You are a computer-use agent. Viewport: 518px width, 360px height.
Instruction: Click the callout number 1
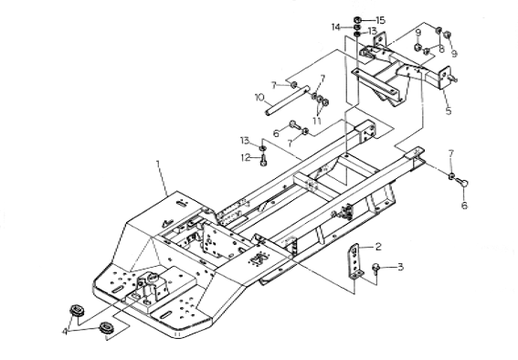point(158,164)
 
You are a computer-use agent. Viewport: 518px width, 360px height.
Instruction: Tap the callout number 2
point(378,247)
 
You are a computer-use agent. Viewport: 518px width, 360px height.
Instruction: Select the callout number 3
point(400,267)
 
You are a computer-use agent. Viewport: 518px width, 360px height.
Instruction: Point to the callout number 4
point(65,331)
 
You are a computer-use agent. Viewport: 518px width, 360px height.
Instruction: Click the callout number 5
point(448,111)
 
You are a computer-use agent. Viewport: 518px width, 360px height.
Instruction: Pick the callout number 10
point(259,98)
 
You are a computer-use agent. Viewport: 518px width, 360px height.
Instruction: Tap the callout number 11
point(317,121)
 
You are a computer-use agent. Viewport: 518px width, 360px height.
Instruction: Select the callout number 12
point(246,158)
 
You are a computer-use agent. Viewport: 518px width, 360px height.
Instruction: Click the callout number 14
point(336,27)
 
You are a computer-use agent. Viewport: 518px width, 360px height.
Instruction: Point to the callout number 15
point(381,20)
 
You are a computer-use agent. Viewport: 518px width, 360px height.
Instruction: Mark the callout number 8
point(441,48)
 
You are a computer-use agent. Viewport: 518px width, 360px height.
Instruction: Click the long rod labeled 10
point(287,101)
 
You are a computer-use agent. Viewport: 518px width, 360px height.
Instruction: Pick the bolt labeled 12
point(263,162)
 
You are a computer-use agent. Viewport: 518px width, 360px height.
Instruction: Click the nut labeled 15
point(357,20)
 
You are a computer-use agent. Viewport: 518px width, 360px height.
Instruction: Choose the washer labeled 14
point(357,27)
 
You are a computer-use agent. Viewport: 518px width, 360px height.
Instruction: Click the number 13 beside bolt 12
point(245,141)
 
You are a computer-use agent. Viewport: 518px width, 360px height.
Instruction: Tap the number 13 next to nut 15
point(372,31)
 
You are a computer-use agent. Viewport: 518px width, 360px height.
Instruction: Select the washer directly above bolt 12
point(263,148)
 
